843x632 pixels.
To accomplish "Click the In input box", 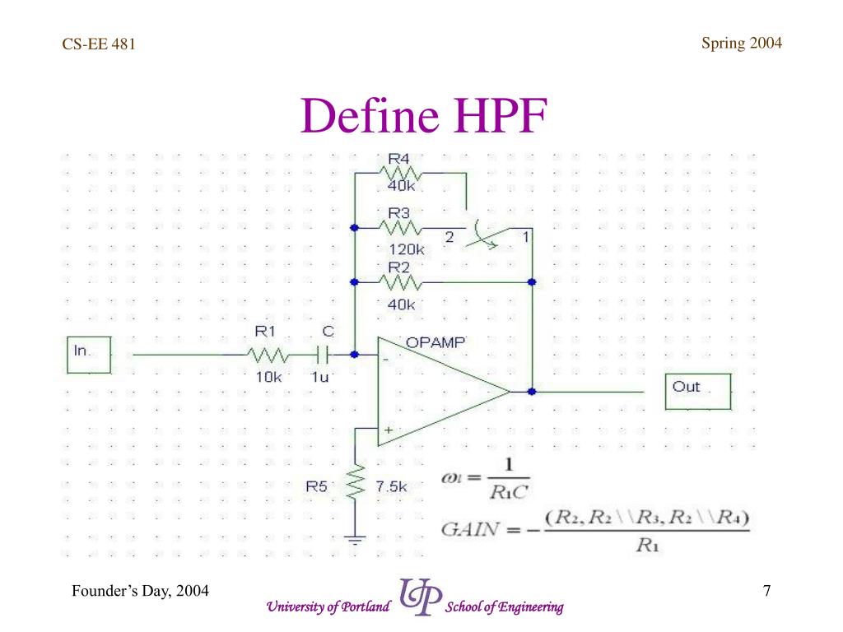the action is tap(87, 354).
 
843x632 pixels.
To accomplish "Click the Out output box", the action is tap(697, 391).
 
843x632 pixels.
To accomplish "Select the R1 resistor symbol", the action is tap(268, 355).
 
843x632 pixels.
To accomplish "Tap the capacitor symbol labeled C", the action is tap(324, 355).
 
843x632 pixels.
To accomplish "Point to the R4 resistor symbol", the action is tap(401, 174).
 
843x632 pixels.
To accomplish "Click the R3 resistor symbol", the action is tap(401, 227).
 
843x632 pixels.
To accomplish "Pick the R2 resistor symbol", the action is tap(401, 283).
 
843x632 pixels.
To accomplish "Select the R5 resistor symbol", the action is tap(356, 485).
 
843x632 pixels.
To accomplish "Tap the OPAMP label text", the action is tap(436, 342).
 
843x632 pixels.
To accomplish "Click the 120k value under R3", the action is tap(407, 249).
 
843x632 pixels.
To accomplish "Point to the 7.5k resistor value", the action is tap(392, 486).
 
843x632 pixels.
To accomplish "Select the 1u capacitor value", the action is tap(319, 376).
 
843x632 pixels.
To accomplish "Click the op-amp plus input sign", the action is tap(387, 429).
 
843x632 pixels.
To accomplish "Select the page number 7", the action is tap(766, 591).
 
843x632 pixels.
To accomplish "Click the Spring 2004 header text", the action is tap(741, 44).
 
